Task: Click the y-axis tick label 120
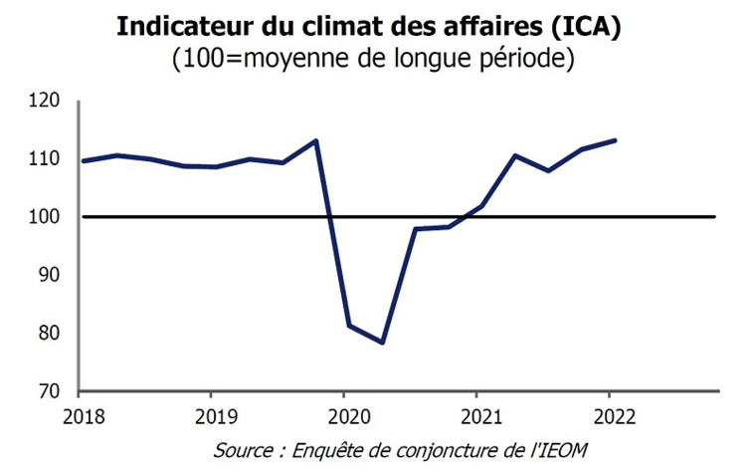tap(48, 101)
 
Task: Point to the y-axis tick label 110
tap(48, 158)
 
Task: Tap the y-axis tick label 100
tap(48, 216)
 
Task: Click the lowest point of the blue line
tap(382, 343)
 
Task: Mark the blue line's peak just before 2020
tap(315, 140)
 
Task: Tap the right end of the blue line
tap(616, 140)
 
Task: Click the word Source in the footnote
tap(241, 450)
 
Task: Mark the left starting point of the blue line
tap(82, 160)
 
